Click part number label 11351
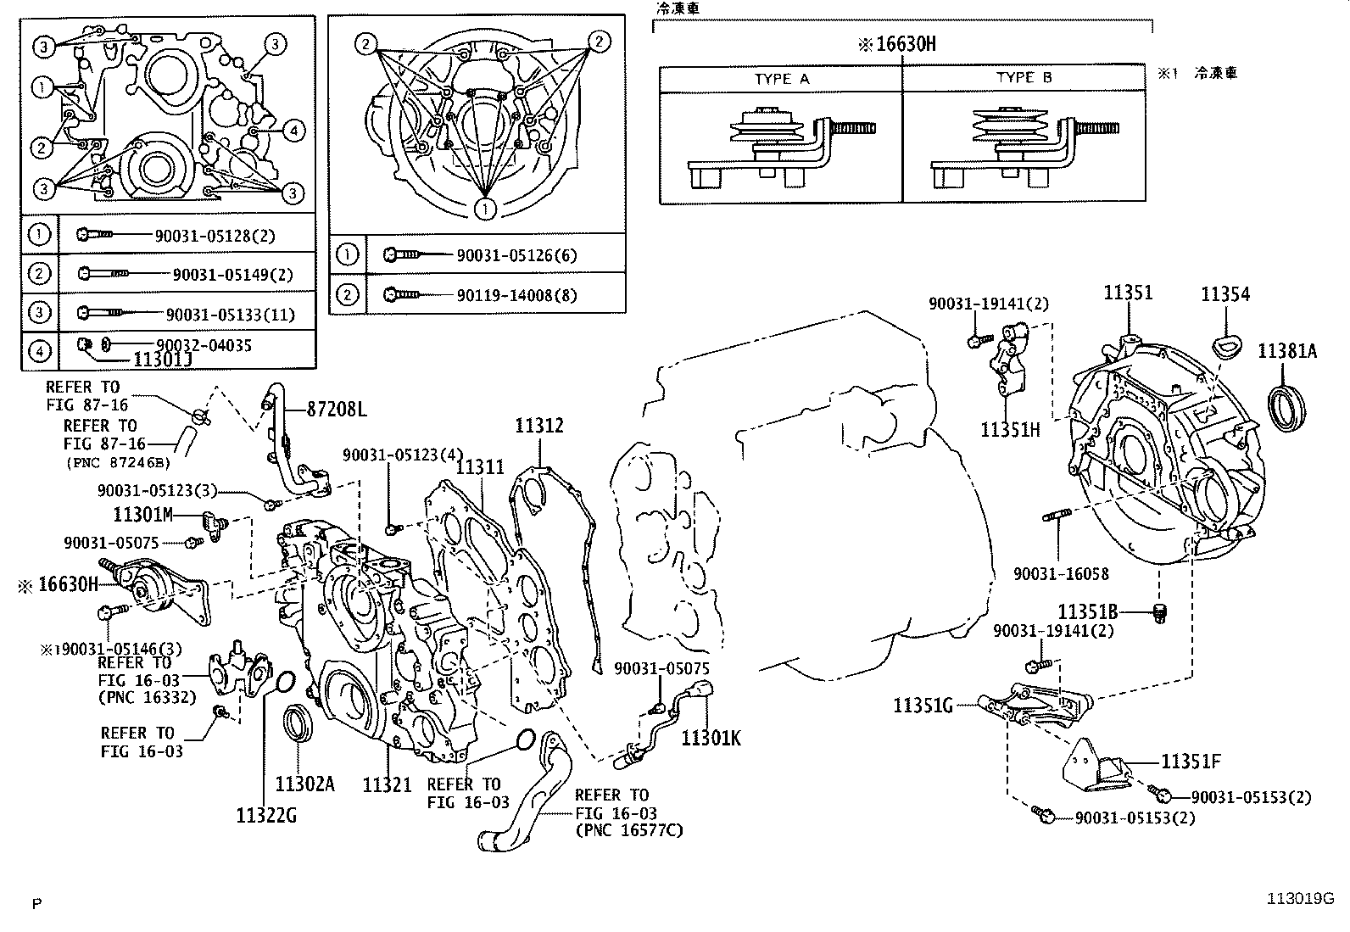tap(1128, 293)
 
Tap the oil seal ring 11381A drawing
tap(1286, 408)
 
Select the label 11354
tap(1225, 295)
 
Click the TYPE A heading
tap(782, 78)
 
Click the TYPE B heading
tap(1024, 78)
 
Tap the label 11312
tap(538, 426)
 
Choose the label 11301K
tap(711, 738)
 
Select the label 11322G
tap(266, 816)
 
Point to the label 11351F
tap(1191, 762)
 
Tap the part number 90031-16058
tap(1061, 574)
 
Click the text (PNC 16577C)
tap(628, 830)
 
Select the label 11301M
tap(142, 515)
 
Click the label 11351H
tap(1010, 429)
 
